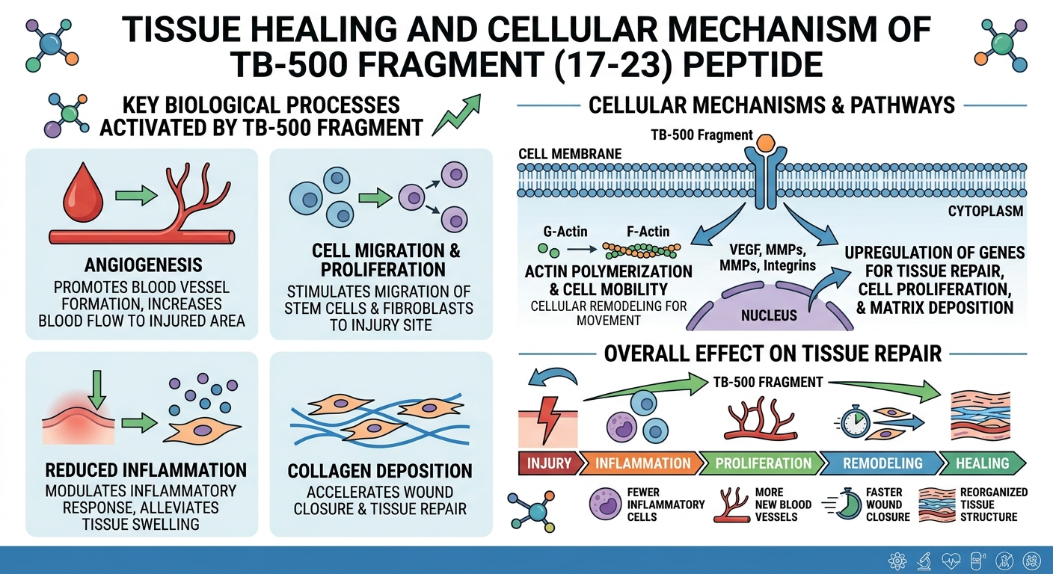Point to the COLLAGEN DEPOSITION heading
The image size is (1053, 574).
coord(380,471)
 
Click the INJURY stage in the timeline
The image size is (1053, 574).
coord(549,463)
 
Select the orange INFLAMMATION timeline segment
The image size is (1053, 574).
coord(642,463)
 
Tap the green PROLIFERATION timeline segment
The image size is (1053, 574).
coord(763,463)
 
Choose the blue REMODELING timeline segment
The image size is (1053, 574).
coord(882,463)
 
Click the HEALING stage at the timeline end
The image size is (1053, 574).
coord(982,463)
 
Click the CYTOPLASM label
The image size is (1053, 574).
coord(985,212)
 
